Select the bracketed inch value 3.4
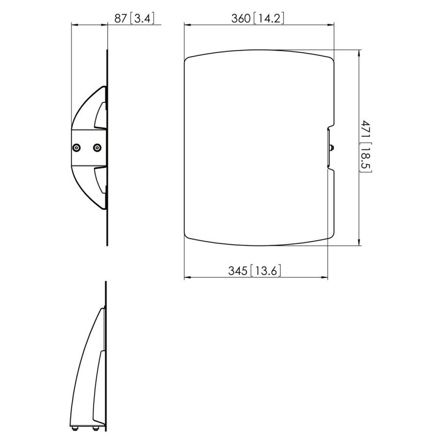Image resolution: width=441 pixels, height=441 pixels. (143, 19)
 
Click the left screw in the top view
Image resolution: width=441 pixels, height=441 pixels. (76, 147)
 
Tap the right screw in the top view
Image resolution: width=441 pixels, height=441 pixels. (97, 147)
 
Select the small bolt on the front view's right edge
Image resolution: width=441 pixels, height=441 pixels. (333, 148)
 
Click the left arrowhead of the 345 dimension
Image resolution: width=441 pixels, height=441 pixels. (187, 278)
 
